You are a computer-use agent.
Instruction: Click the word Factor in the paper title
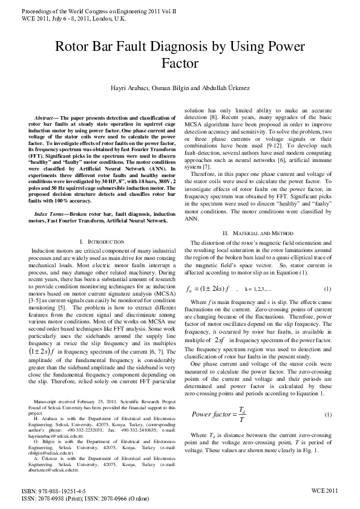pyautogui.click(x=180, y=63)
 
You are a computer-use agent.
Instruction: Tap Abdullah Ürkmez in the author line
pyautogui.click(x=227, y=88)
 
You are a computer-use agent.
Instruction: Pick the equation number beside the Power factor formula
pyautogui.click(x=327, y=415)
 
